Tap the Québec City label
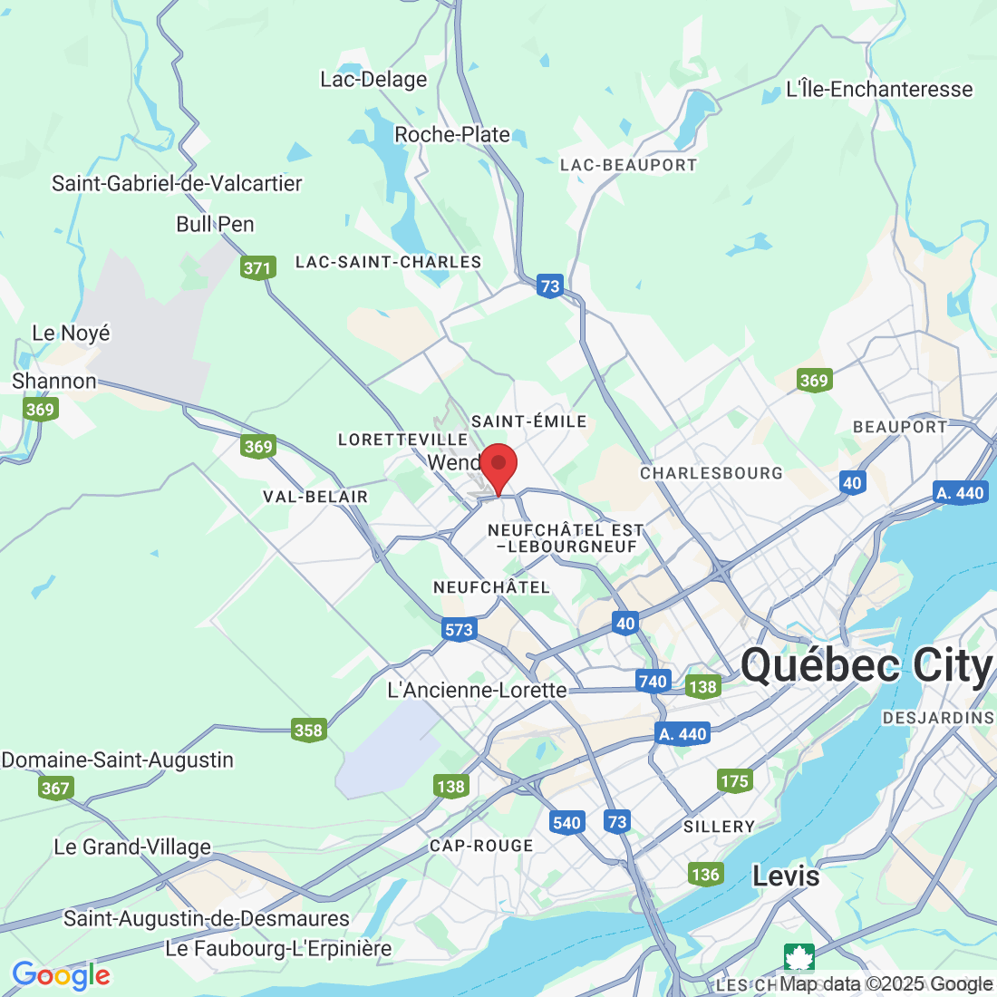pos(866,666)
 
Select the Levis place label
pos(786,876)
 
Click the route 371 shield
pos(257,267)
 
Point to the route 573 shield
pos(460,630)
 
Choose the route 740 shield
pos(653,682)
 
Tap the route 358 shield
pos(309,730)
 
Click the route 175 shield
pos(734,780)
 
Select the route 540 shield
pos(566,823)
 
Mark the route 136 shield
pos(705,874)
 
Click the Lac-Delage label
pos(373,80)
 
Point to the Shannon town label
pos(54,382)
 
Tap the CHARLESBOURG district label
pos(711,473)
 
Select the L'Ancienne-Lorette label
pos(477,690)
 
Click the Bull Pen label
pos(215,224)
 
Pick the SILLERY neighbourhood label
pos(720,827)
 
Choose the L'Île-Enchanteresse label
pos(879,89)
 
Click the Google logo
pos(61,975)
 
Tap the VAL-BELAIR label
pos(315,497)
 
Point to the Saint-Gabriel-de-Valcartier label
pos(177,183)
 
